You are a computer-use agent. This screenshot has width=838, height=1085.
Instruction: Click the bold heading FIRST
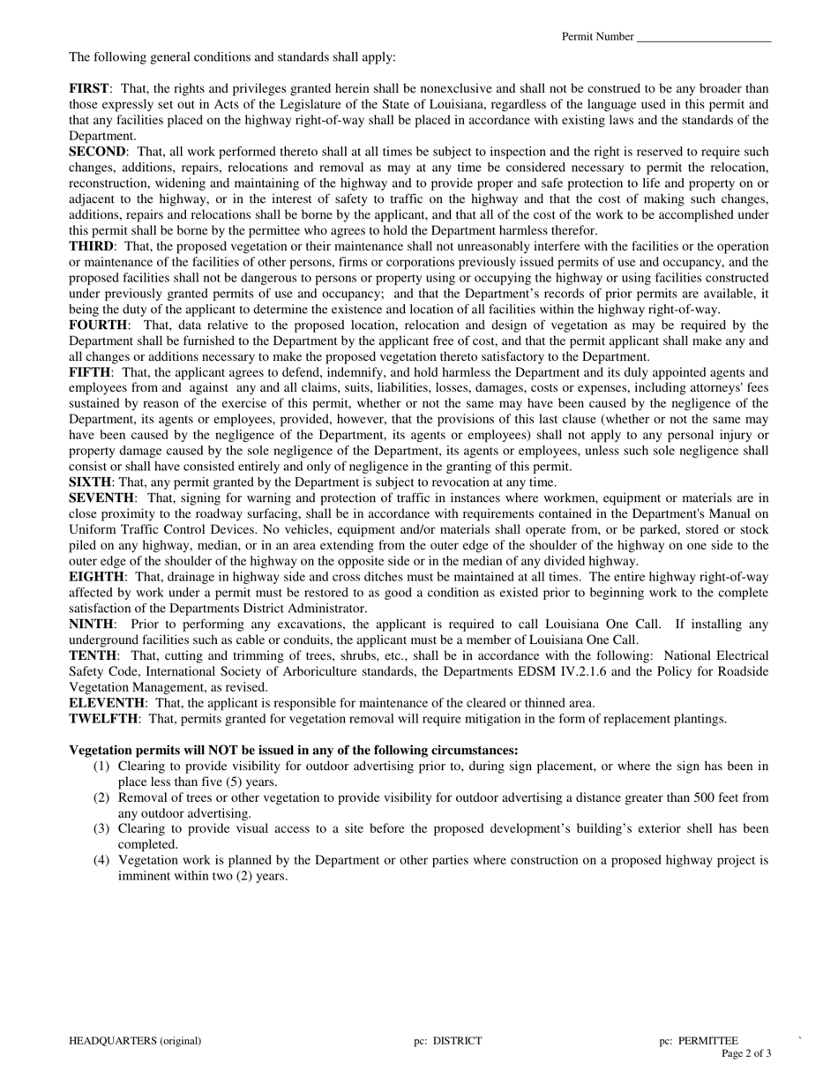pyautogui.click(x=89, y=88)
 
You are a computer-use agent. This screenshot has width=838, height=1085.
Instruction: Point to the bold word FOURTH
pyautogui.click(x=98, y=325)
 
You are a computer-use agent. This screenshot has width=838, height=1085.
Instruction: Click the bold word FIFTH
pyautogui.click(x=90, y=372)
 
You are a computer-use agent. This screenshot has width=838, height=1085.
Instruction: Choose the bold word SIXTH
pyautogui.click(x=90, y=483)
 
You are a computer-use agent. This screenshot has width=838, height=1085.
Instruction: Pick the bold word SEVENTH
pyautogui.click(x=101, y=498)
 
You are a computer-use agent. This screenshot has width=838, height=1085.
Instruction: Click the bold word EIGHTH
pyautogui.click(x=97, y=577)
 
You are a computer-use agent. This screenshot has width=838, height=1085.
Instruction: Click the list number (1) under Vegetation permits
pyautogui.click(x=101, y=767)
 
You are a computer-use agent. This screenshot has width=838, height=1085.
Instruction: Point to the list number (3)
pyautogui.click(x=101, y=829)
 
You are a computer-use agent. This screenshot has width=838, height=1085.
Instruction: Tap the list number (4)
pyautogui.click(x=101, y=860)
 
